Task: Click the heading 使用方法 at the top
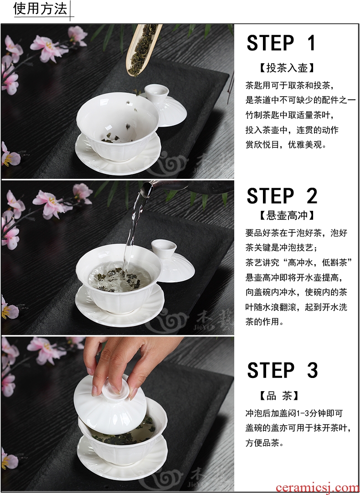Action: (x=40, y=9)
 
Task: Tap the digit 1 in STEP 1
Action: (x=311, y=43)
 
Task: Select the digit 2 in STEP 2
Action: (x=312, y=196)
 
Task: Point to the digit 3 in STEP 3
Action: (x=312, y=370)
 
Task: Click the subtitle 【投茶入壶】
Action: (x=287, y=68)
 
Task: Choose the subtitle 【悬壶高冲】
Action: (x=287, y=215)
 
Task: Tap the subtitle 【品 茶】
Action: (x=279, y=396)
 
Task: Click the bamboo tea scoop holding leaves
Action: (x=143, y=49)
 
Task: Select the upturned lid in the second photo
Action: (x=172, y=260)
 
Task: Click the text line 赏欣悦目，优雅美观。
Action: (x=286, y=145)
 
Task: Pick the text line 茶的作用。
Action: (x=264, y=321)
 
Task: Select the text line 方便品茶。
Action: (x=264, y=443)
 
